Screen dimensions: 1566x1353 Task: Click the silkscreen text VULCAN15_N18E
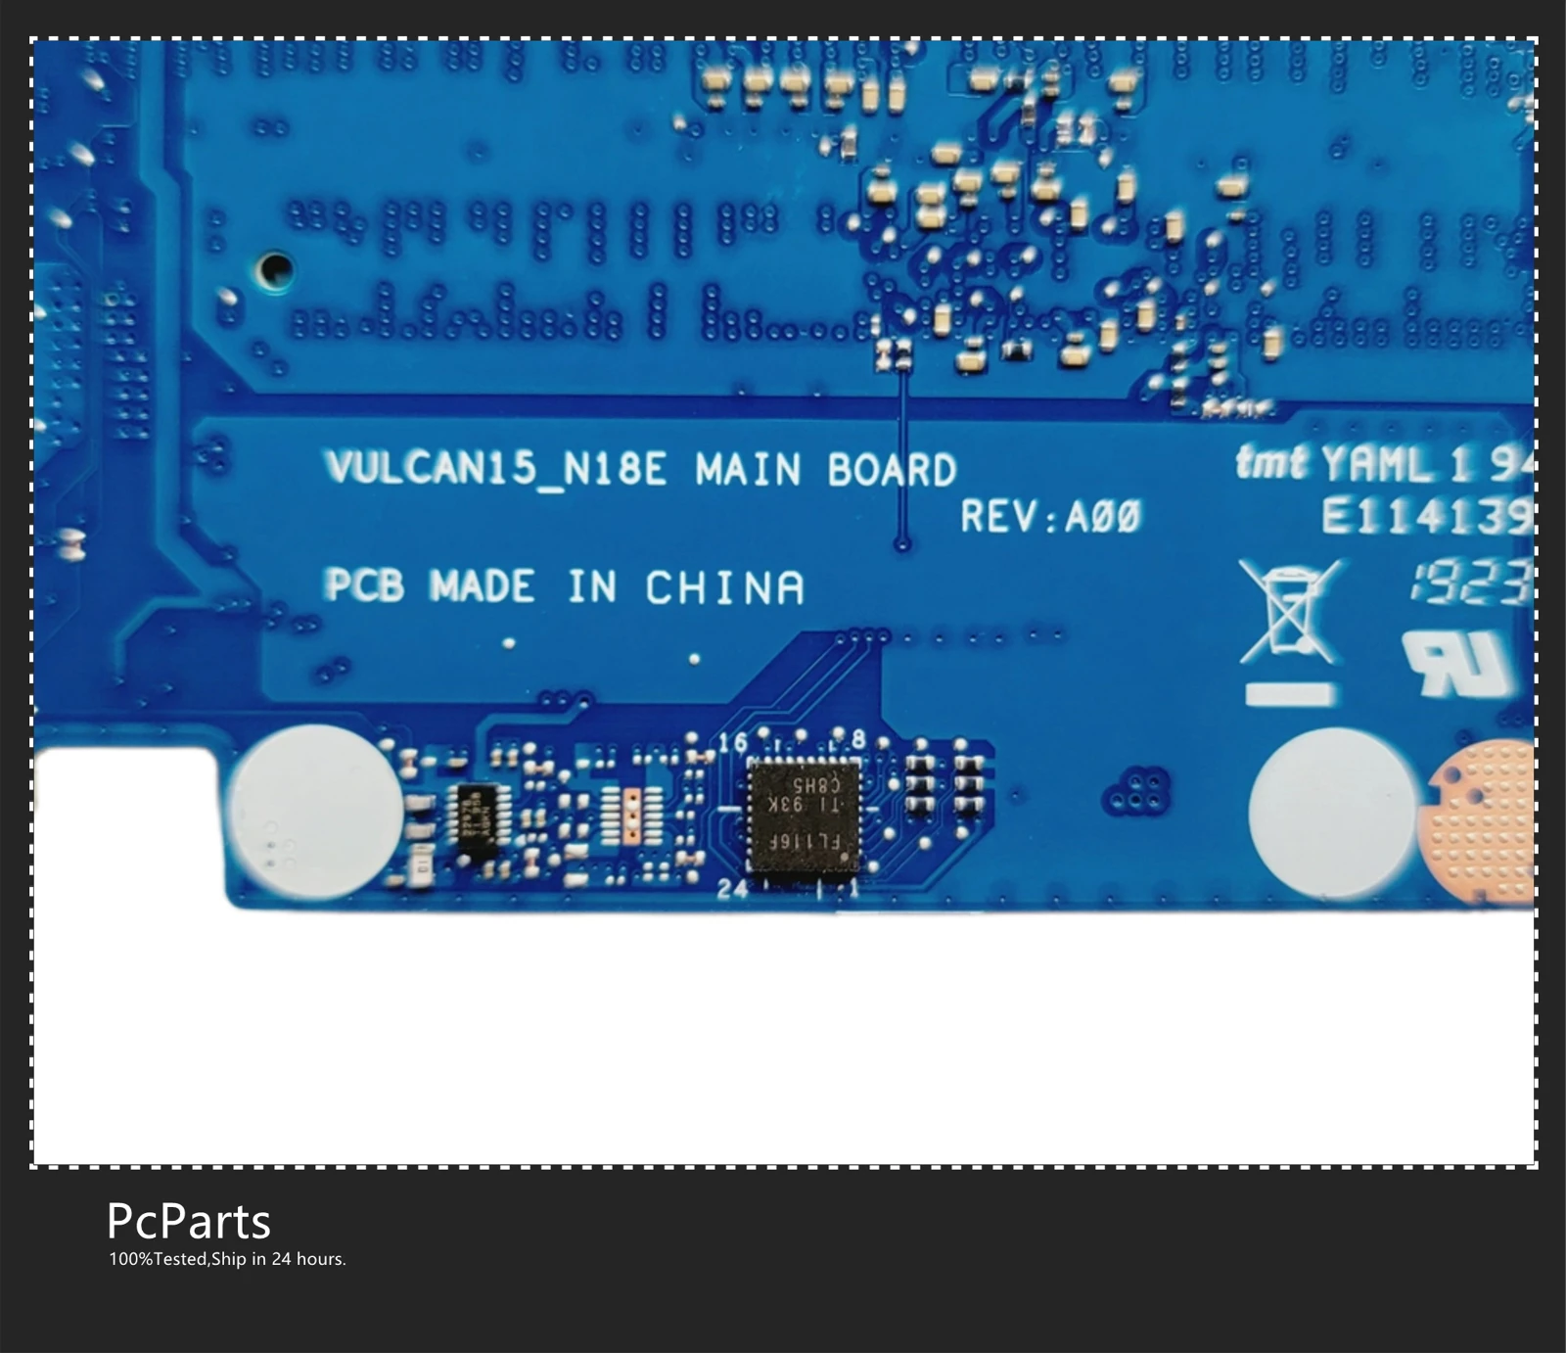pos(495,468)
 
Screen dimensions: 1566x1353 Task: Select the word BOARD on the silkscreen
pos(892,471)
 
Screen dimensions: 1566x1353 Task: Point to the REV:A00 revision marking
pos(1050,516)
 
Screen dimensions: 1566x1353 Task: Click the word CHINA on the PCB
pos(724,587)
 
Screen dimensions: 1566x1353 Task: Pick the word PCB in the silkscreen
pos(364,585)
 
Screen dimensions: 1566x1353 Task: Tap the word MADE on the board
pos(482,586)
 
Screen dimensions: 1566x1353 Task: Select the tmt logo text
pos(1269,462)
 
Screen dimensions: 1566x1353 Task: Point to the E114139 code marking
pos(1425,516)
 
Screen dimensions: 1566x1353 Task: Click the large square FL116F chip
pos(804,816)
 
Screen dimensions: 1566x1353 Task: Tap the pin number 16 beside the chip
pos(732,742)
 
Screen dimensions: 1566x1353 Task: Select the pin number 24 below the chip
pos(732,889)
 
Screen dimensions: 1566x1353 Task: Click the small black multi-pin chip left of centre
pos(478,822)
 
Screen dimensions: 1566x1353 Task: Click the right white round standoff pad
pos(1331,812)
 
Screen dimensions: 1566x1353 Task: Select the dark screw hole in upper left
pos(275,268)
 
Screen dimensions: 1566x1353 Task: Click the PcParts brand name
pos(188,1221)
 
